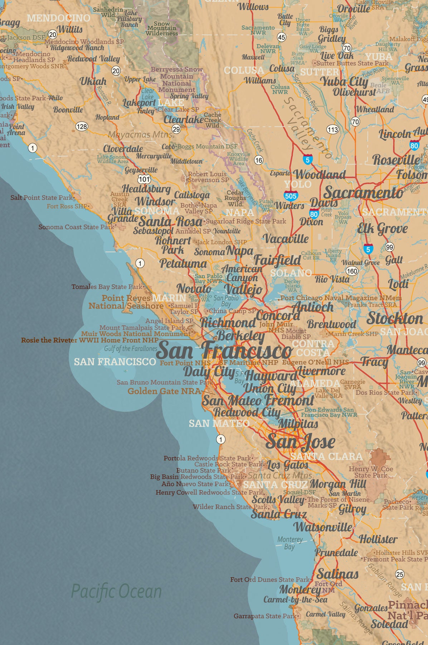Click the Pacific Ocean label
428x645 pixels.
click(116, 591)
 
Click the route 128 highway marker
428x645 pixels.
click(82, 126)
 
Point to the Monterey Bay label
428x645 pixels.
click(290, 543)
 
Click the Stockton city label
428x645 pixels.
click(395, 318)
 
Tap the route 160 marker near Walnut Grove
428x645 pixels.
click(352, 271)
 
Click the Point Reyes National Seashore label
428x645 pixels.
click(126, 302)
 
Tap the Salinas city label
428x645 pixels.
click(337, 574)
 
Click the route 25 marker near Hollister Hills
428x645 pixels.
click(400, 574)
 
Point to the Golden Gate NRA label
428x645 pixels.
click(164, 391)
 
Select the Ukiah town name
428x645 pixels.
click(93, 82)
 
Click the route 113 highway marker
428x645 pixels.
click(333, 129)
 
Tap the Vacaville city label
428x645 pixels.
click(286, 238)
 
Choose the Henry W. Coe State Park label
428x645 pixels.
click(371, 472)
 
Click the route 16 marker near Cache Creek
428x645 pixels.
click(259, 160)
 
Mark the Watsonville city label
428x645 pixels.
click(323, 527)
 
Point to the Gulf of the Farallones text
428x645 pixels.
click(131, 348)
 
